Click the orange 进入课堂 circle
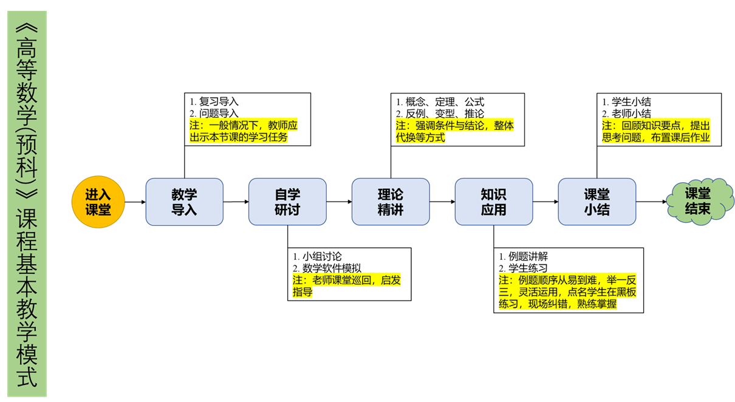(98, 202)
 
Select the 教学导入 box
(184, 202)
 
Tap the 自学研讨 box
(287, 202)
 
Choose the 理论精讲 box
(391, 202)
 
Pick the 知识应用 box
(493, 202)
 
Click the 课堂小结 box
(597, 202)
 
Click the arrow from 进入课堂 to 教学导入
(134, 202)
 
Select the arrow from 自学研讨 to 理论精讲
(339, 202)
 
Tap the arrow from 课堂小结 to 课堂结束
(651, 202)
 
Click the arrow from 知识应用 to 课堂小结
(545, 202)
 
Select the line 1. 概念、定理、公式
(440, 102)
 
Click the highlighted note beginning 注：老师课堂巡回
(346, 286)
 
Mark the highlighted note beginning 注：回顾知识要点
(656, 131)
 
